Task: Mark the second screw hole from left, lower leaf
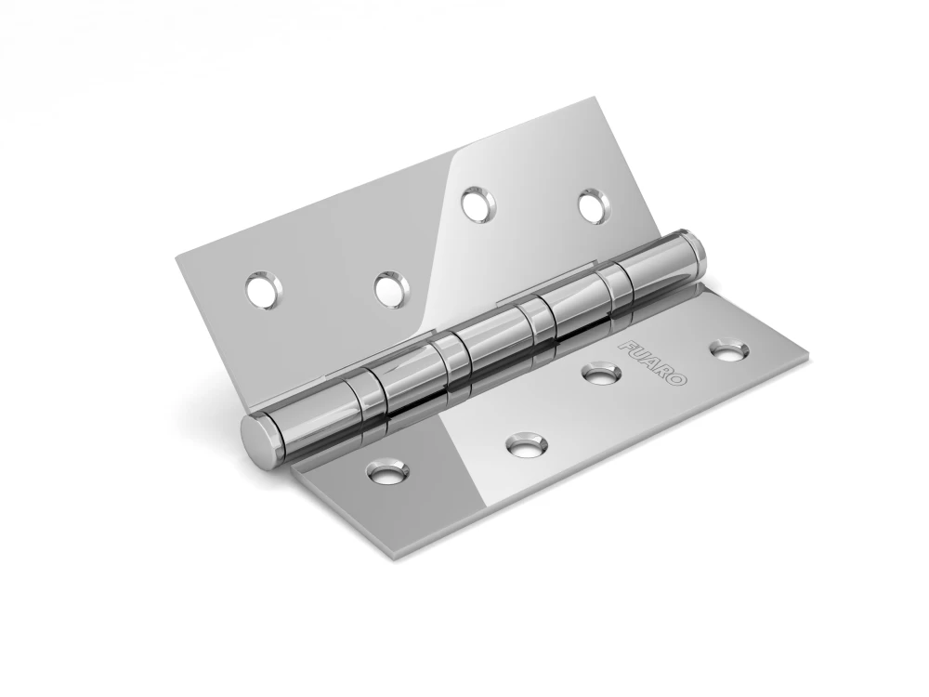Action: (526, 443)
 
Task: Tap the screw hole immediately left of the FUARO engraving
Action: (604, 374)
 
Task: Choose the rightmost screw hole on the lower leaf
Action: (729, 349)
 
